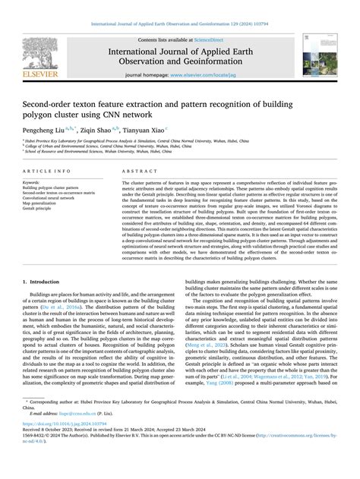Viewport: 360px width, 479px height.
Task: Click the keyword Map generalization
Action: tap(41, 203)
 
